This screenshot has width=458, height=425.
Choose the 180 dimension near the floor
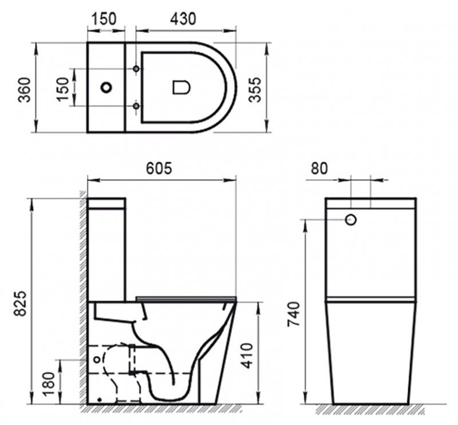[49, 381]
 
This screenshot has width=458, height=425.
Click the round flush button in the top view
[106, 88]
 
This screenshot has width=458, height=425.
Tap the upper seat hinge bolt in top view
[136, 69]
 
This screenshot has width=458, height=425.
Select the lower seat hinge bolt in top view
[136, 106]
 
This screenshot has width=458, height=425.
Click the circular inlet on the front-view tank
[351, 219]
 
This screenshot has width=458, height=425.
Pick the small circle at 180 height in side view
[97, 359]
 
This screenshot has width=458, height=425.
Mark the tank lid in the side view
[106, 203]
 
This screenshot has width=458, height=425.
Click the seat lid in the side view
[186, 298]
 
